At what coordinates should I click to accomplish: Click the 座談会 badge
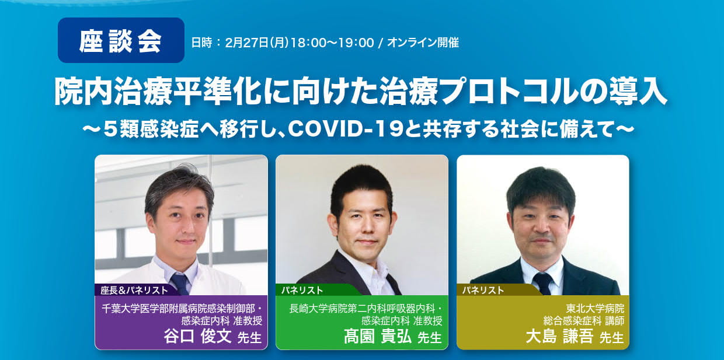point(121,40)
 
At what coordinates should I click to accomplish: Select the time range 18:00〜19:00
point(332,43)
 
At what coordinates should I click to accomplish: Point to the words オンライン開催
point(423,43)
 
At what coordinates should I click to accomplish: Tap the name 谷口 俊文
point(197,336)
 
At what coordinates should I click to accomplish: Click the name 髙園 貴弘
point(378,336)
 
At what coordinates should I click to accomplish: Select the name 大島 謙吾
point(559,336)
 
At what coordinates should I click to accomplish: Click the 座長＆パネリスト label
point(134,290)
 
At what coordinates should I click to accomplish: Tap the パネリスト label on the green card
point(302,290)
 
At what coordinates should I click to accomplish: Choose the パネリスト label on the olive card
point(483,290)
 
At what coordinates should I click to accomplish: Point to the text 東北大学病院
point(595,309)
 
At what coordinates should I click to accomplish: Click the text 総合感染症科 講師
point(584,320)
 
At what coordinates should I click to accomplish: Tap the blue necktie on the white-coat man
point(180,284)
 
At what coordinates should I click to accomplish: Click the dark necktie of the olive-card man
point(543,283)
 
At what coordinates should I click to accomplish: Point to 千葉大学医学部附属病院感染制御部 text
point(178,309)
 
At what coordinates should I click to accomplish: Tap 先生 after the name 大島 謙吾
point(611,338)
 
